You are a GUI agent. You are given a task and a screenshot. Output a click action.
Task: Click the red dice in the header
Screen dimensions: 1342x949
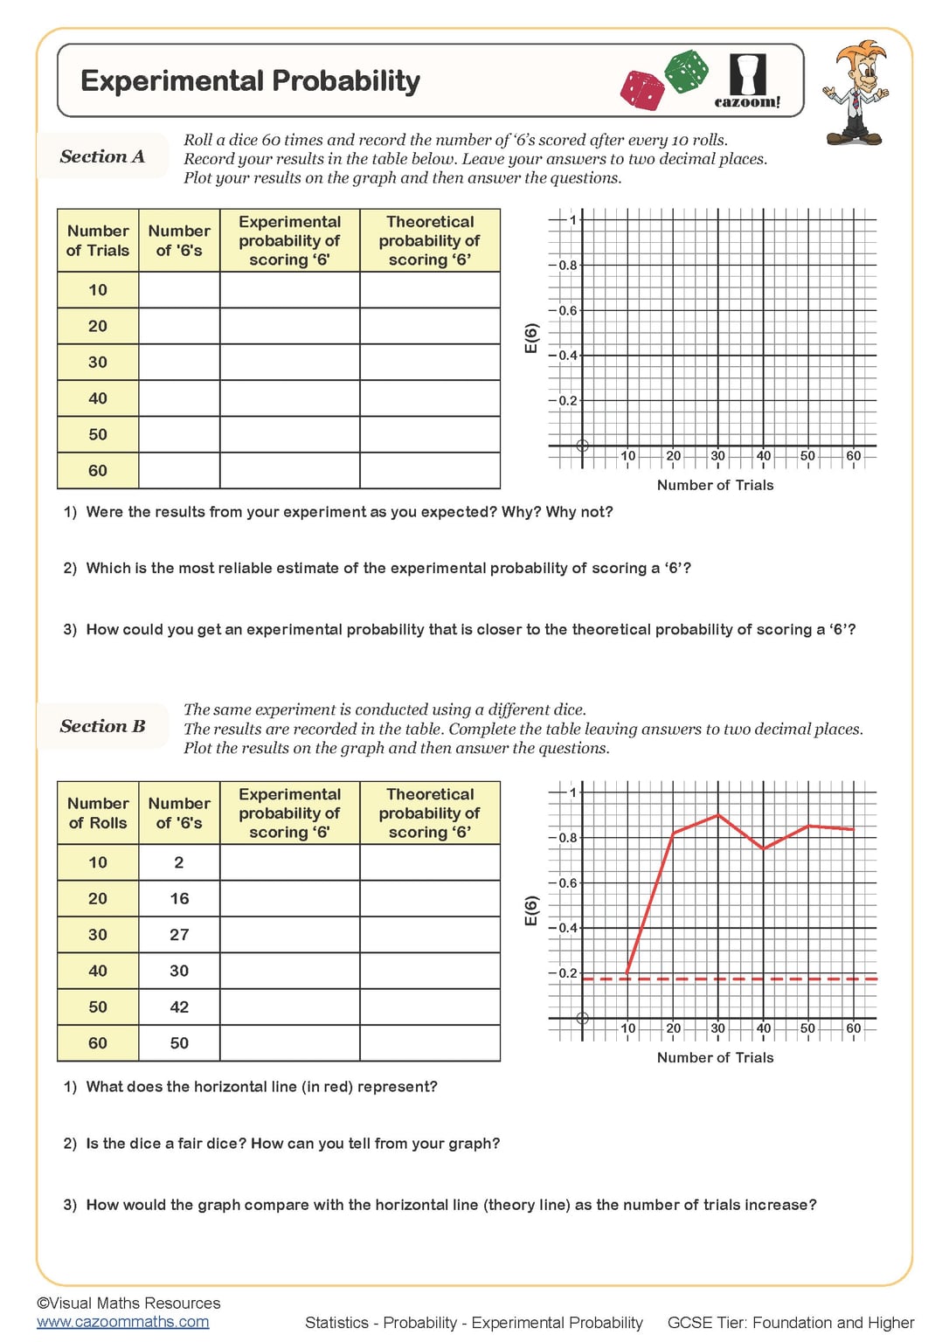[643, 91]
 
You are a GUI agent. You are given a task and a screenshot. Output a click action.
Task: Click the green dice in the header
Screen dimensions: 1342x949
[687, 71]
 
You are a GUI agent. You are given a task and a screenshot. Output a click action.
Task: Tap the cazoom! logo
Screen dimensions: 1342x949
[747, 81]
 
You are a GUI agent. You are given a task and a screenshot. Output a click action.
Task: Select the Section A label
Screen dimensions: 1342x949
[102, 156]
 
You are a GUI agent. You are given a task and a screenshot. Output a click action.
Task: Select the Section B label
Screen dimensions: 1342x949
[102, 726]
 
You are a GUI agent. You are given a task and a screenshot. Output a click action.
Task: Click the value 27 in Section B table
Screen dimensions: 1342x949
[179, 935]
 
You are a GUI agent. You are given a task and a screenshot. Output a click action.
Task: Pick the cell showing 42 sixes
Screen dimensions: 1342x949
[179, 1006]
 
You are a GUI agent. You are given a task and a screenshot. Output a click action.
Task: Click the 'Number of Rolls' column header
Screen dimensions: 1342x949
[98, 813]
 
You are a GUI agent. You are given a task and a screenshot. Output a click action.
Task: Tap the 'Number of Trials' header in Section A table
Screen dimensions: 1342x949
[98, 240]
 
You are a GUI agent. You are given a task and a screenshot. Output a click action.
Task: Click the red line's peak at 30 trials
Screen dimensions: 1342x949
[718, 815]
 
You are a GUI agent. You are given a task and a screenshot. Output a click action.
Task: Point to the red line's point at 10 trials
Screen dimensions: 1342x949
[627, 972]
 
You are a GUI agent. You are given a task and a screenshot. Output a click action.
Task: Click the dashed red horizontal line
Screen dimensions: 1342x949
[786, 979]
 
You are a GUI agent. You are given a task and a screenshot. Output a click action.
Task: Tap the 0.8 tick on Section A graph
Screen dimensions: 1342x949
[568, 265]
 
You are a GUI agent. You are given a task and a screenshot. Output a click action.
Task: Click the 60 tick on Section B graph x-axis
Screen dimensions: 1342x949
[853, 1028]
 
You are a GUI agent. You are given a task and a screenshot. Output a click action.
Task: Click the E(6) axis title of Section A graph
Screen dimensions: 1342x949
[530, 338]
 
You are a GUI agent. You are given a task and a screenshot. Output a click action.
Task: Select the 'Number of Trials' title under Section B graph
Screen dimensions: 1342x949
[715, 1057]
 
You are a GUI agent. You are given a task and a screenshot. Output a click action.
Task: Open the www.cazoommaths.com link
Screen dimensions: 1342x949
[122, 1322]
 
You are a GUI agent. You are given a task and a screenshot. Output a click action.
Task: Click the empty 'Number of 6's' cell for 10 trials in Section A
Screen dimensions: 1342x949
[179, 290]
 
